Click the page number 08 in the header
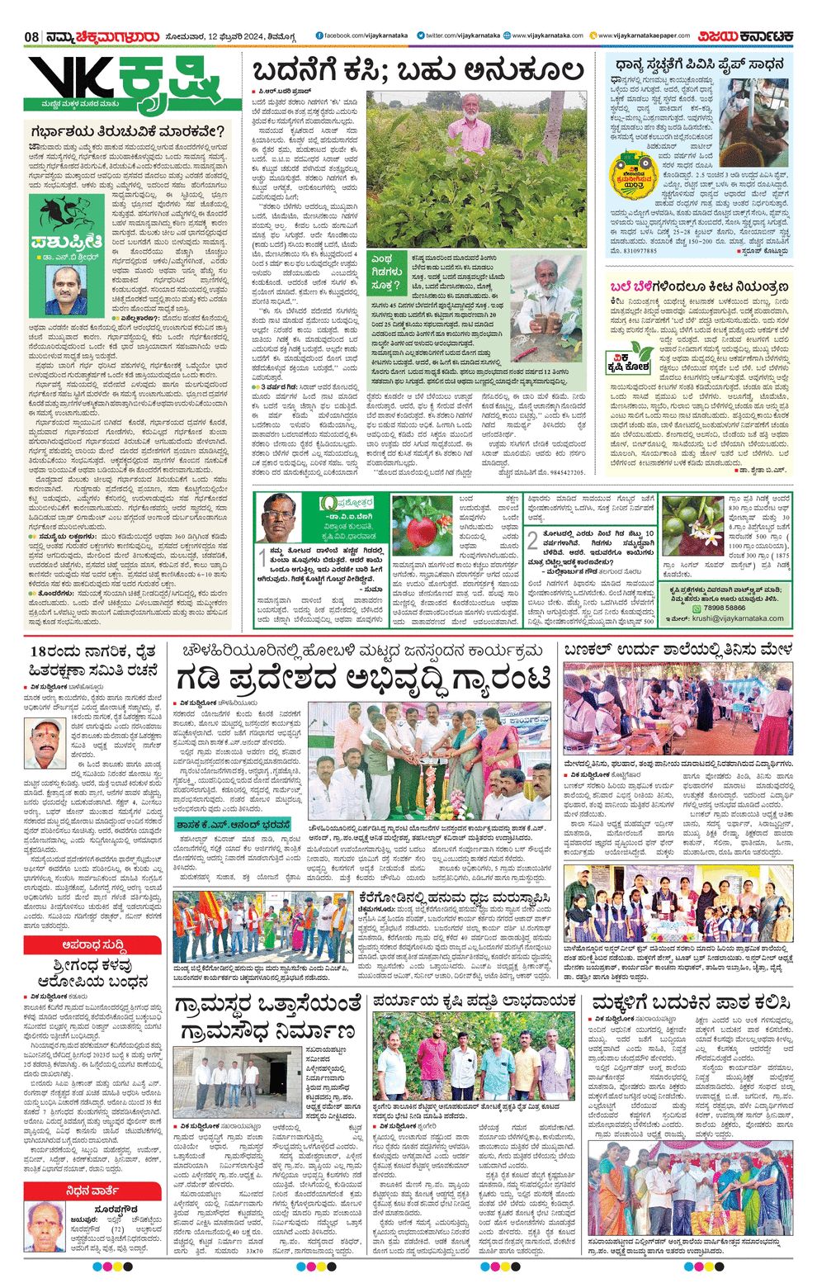32,36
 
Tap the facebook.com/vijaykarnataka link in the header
365,36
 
